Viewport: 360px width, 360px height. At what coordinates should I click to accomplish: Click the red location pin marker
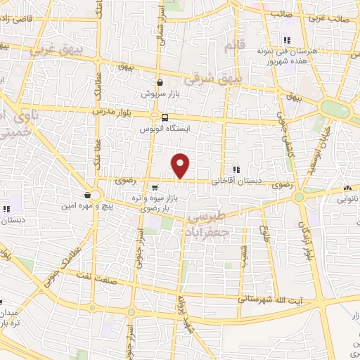tap(181, 165)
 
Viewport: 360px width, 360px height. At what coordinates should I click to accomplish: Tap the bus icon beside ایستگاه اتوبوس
tap(165, 117)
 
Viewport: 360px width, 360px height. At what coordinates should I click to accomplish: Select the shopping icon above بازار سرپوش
tap(160, 82)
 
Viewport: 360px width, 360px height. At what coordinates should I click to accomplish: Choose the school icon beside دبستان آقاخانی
tap(236, 169)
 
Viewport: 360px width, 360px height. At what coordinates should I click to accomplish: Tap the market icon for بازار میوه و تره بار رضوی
tap(154, 187)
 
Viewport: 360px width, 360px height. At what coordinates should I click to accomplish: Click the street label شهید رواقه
tap(182, 318)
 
